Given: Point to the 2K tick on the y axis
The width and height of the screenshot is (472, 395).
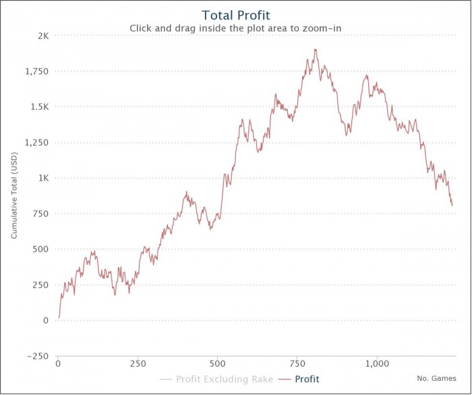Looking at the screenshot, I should click(x=42, y=36).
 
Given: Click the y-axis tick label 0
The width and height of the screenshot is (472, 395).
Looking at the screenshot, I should click(x=46, y=320).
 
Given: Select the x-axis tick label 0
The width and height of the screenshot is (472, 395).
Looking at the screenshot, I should click(x=58, y=364).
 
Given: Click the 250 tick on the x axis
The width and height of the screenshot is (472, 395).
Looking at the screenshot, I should click(x=138, y=364).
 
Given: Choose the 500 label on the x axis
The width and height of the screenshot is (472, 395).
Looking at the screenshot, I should click(x=217, y=364).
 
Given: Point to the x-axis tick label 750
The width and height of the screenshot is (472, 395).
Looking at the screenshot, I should click(x=297, y=364).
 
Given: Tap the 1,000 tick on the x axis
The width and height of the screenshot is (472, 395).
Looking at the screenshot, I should click(x=376, y=364).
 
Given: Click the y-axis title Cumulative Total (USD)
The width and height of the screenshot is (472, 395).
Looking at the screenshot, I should click(x=15, y=196).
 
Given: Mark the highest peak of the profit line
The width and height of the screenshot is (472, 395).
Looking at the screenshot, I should click(x=315, y=49).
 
